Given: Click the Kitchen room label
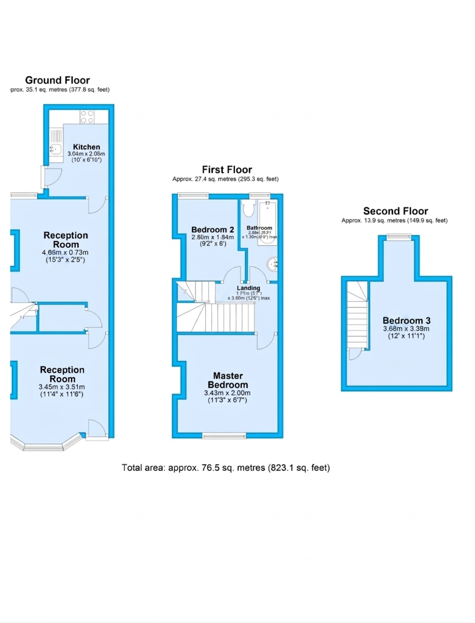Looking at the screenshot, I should tap(86, 147).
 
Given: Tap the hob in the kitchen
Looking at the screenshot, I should tap(87, 115).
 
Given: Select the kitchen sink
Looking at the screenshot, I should tap(55, 149).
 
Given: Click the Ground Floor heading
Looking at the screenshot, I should tap(58, 81).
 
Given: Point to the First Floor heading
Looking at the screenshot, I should tap(226, 170).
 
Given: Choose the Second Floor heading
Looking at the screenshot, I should tap(395, 211).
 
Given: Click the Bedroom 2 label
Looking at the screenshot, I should tap(209, 229).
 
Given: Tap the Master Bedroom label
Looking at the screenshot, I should tap(227, 380).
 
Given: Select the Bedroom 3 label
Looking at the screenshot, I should tap(407, 321).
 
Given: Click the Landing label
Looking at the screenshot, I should tap(248, 288).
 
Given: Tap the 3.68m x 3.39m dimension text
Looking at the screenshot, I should tap(407, 329).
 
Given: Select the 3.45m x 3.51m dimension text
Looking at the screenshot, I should tap(62, 387).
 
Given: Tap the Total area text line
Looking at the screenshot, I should tap(226, 468).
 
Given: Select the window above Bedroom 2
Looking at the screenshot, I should tap(192, 195).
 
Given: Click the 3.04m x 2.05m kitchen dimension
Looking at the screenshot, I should tap(86, 154).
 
